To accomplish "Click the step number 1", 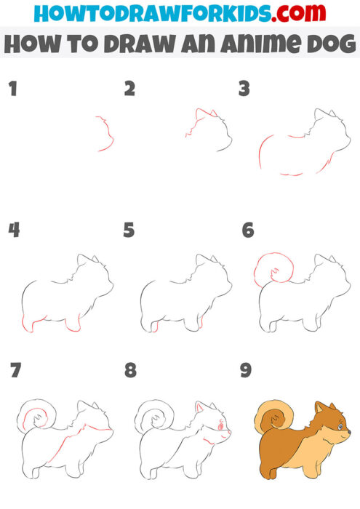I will point(12,89).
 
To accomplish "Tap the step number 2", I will point(129,89).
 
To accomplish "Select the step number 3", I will point(244,89).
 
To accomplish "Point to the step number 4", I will point(13,231).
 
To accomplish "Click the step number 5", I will point(129,231).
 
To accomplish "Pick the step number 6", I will point(247,231).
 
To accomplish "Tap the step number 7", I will point(15,371).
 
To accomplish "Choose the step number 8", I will point(130,371).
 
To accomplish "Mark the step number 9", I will point(246,371).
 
